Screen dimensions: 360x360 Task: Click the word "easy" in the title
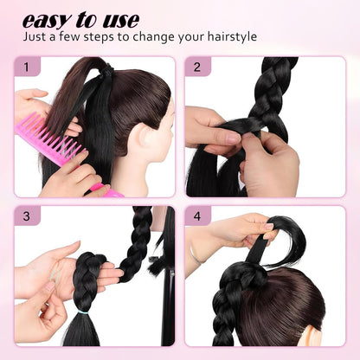coord(48,19)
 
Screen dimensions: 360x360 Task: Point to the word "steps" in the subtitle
coord(103,38)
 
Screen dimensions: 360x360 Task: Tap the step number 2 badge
coord(198,67)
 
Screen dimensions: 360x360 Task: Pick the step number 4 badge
coord(198,217)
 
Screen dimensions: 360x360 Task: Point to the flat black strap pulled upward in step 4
coord(257,251)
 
